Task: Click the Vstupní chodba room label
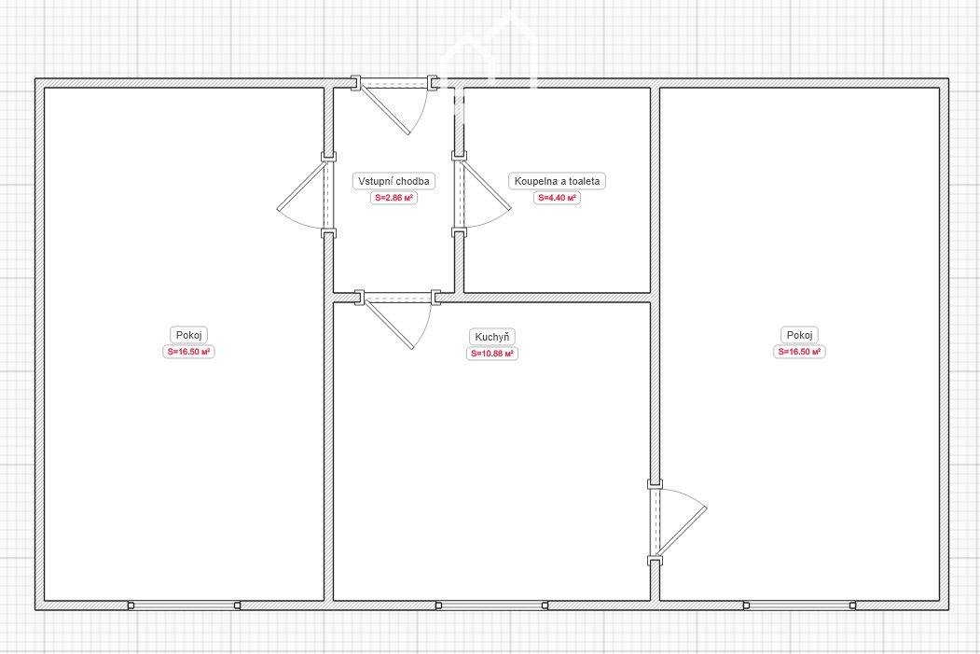393,181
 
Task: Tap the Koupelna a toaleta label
557,181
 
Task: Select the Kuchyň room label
492,337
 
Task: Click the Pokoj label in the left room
188,335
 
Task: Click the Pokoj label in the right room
799,335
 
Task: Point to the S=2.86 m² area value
393,198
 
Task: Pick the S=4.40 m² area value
557,198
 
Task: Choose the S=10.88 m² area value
492,354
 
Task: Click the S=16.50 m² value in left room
188,352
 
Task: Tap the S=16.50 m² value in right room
799,352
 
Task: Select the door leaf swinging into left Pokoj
302,185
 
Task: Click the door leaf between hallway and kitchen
389,324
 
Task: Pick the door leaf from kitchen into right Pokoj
682,532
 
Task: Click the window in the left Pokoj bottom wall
184,605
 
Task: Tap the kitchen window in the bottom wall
492,605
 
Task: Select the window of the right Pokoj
799,605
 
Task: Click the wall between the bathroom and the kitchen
557,298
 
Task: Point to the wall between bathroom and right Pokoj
655,190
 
